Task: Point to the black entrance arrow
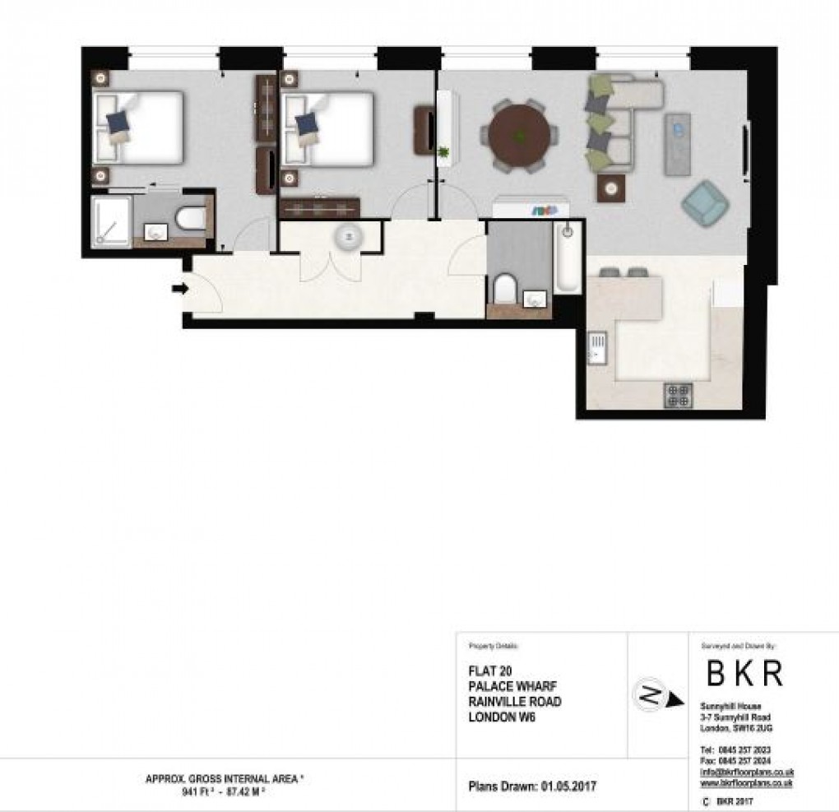179,288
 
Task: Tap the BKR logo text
744,674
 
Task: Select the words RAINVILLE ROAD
514,702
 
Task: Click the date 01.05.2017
568,786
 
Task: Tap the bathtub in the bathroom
567,258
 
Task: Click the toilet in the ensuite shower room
191,218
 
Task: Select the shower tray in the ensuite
111,220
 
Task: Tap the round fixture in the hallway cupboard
347,238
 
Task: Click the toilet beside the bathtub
504,289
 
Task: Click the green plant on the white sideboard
445,151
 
